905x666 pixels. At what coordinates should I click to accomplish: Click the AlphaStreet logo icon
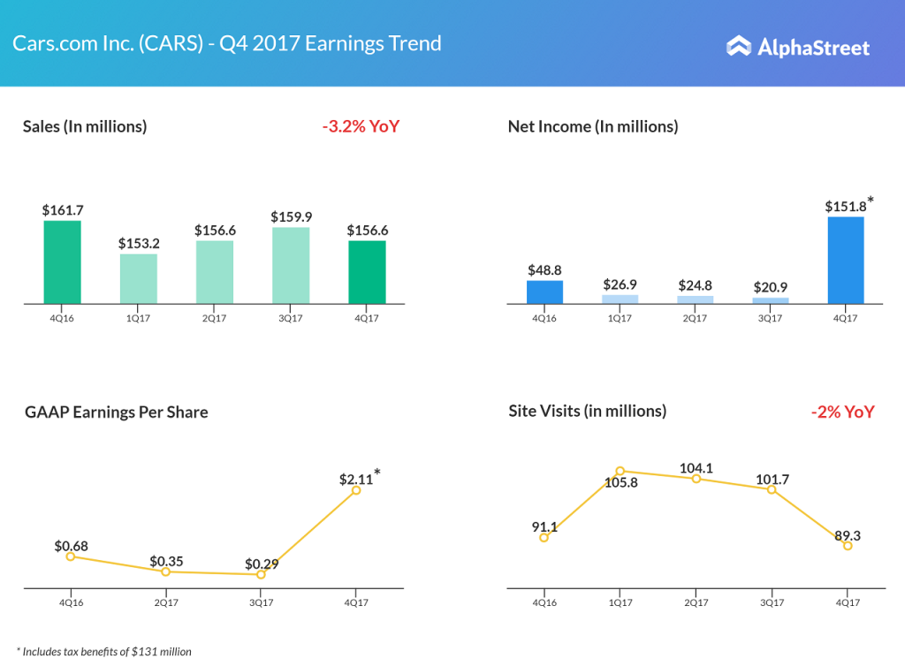(x=739, y=46)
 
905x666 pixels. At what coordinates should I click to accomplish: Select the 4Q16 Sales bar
(x=63, y=262)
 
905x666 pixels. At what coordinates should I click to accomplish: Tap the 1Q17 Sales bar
(x=139, y=279)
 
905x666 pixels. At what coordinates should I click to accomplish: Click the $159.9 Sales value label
(x=291, y=216)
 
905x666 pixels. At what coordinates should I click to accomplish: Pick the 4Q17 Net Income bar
(x=846, y=260)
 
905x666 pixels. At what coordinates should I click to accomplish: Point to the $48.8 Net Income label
(x=544, y=269)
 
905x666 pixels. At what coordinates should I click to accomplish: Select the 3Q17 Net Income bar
(x=771, y=300)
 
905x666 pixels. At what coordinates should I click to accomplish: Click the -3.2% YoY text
(x=361, y=126)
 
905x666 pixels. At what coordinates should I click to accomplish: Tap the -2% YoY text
(x=842, y=412)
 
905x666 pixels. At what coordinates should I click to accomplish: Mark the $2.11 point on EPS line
(x=356, y=489)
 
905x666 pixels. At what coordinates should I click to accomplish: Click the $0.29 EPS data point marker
(x=261, y=574)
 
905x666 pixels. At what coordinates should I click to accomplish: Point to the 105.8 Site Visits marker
(x=620, y=472)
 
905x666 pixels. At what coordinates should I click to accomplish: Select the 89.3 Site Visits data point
(x=848, y=546)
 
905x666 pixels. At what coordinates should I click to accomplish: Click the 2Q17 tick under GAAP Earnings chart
(x=165, y=602)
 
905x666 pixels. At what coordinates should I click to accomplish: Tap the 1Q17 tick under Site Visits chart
(x=620, y=602)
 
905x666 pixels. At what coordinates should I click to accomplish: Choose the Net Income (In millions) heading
(x=593, y=126)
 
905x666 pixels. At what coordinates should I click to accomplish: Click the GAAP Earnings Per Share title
(x=117, y=412)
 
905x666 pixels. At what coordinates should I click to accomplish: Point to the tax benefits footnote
(x=103, y=652)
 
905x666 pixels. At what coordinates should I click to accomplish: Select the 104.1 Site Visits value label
(x=696, y=467)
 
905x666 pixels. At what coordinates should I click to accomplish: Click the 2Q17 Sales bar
(x=215, y=272)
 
